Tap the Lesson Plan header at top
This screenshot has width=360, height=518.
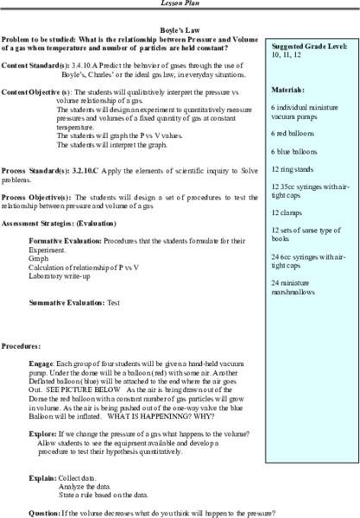pos(180,4)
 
